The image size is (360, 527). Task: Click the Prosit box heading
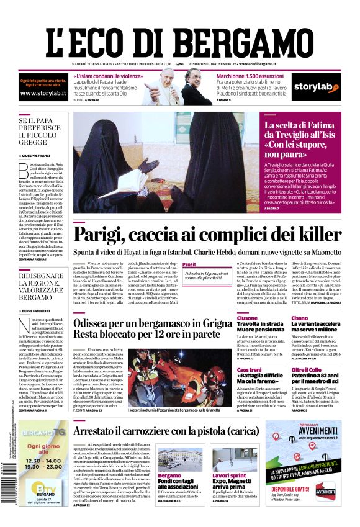click(x=189, y=264)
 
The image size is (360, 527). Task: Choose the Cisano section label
click(x=299, y=317)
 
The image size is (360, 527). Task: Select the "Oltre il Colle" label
click(x=305, y=369)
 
